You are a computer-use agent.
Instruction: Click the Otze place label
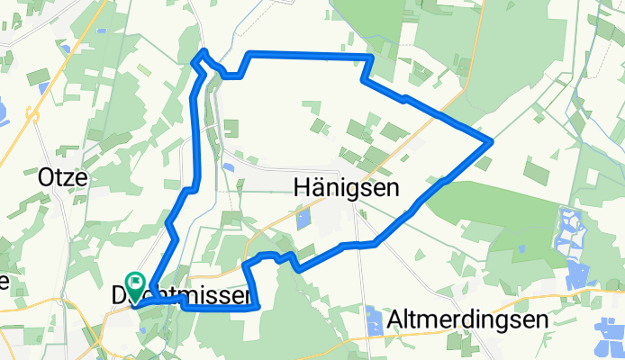pyautogui.click(x=62, y=177)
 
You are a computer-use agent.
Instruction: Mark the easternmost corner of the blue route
pyautogui.click(x=491, y=141)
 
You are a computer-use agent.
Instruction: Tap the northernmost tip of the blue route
pyautogui.click(x=205, y=50)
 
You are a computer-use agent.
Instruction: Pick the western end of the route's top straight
pyautogui.click(x=249, y=55)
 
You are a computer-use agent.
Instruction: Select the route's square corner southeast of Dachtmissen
pyautogui.click(x=258, y=308)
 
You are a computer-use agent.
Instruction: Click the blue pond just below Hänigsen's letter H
pyautogui.click(x=303, y=217)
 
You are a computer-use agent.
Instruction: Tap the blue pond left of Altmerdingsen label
pyautogui.click(x=375, y=315)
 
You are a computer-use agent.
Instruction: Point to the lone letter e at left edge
pyautogui.click(x=4, y=283)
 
